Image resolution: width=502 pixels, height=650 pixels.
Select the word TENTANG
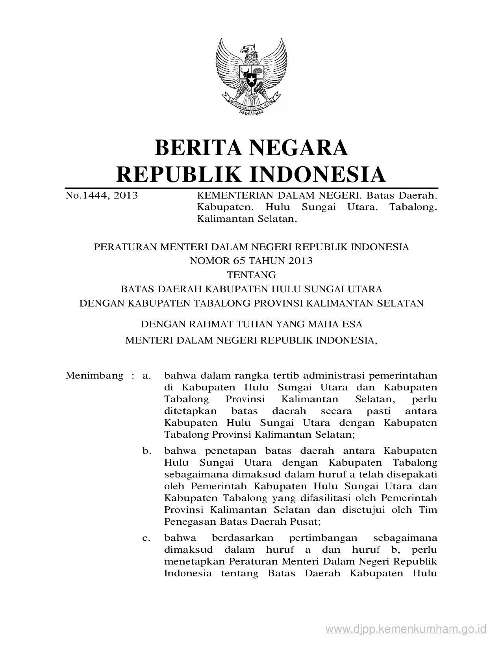click(x=251, y=275)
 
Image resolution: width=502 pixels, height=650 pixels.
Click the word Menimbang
click(x=94, y=375)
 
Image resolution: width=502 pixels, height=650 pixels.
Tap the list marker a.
click(x=147, y=375)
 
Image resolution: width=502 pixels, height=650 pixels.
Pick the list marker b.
click(x=147, y=451)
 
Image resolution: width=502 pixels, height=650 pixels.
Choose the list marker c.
click(x=147, y=538)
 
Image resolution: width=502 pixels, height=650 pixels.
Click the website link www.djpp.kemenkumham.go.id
click(x=406, y=628)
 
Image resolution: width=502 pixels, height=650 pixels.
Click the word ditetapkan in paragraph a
click(x=190, y=411)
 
